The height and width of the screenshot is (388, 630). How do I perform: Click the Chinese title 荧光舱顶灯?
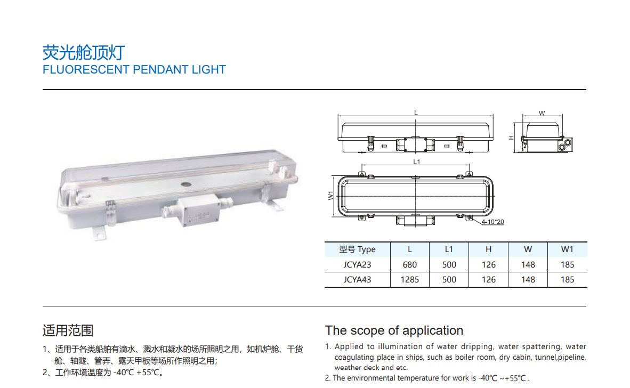pos(84,53)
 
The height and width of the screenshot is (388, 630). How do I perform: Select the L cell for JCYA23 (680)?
pos(409,265)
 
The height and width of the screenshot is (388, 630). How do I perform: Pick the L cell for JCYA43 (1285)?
pos(409,280)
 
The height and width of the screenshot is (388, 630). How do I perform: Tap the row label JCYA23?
pos(357,265)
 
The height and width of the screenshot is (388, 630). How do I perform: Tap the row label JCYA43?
pos(357,280)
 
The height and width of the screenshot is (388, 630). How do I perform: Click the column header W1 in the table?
pos(567,249)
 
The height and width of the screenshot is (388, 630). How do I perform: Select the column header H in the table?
pos(488,249)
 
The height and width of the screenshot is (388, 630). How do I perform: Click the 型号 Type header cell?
pos(357,249)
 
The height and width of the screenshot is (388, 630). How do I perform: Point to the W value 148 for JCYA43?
pos(528,280)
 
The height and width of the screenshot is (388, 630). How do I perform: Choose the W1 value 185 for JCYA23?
pos(567,265)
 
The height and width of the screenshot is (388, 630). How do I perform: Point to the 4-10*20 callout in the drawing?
pos(492,222)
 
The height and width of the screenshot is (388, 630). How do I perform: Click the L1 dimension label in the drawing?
pos(416,161)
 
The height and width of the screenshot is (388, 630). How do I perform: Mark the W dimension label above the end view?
pos(542,114)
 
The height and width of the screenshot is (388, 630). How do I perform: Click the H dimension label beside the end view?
pos(511,138)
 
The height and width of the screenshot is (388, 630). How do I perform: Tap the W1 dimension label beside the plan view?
pos(330,196)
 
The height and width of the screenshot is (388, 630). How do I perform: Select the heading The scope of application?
pos(394,330)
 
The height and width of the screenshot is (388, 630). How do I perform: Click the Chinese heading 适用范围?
pos(68,330)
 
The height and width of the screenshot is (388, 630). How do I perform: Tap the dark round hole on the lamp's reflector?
pos(186,185)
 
